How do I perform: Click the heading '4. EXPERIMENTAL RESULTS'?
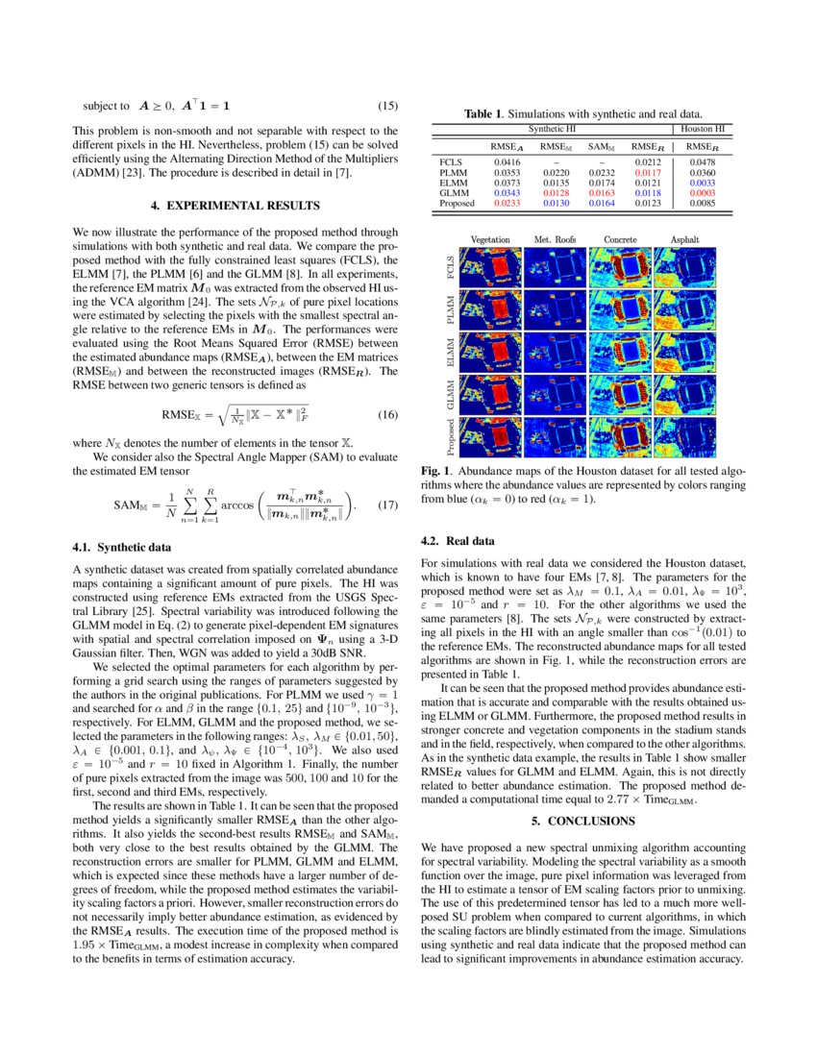(235, 206)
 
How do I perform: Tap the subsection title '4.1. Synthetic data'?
(122, 548)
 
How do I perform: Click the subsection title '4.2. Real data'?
(458, 541)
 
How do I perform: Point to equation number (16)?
(387, 416)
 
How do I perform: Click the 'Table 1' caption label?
(487, 114)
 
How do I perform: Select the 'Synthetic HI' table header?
(556, 128)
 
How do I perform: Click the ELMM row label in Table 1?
(452, 184)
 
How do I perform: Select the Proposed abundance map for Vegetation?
(492, 435)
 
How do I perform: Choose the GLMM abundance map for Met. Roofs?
(556, 393)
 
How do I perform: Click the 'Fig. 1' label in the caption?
(437, 473)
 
